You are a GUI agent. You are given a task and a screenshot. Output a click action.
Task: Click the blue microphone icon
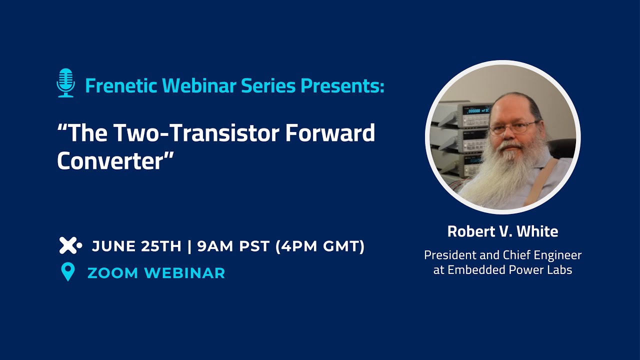(x=65, y=83)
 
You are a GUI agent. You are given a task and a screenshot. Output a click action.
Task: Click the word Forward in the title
(x=330, y=133)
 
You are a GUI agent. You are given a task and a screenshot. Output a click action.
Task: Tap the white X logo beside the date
(x=70, y=245)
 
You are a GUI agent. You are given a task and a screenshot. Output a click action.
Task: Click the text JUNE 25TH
(x=136, y=246)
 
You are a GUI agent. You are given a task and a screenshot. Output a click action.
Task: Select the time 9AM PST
(x=233, y=246)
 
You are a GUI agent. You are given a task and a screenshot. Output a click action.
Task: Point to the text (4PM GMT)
(x=320, y=246)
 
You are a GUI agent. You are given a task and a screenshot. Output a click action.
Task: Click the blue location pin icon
(x=68, y=271)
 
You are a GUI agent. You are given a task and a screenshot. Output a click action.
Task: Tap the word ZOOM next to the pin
(x=113, y=273)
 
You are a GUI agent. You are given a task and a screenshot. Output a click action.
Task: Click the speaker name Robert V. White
(x=502, y=231)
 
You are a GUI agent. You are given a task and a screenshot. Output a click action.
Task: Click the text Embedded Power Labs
(x=509, y=269)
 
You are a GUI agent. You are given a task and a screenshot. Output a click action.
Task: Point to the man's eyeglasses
(x=513, y=127)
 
